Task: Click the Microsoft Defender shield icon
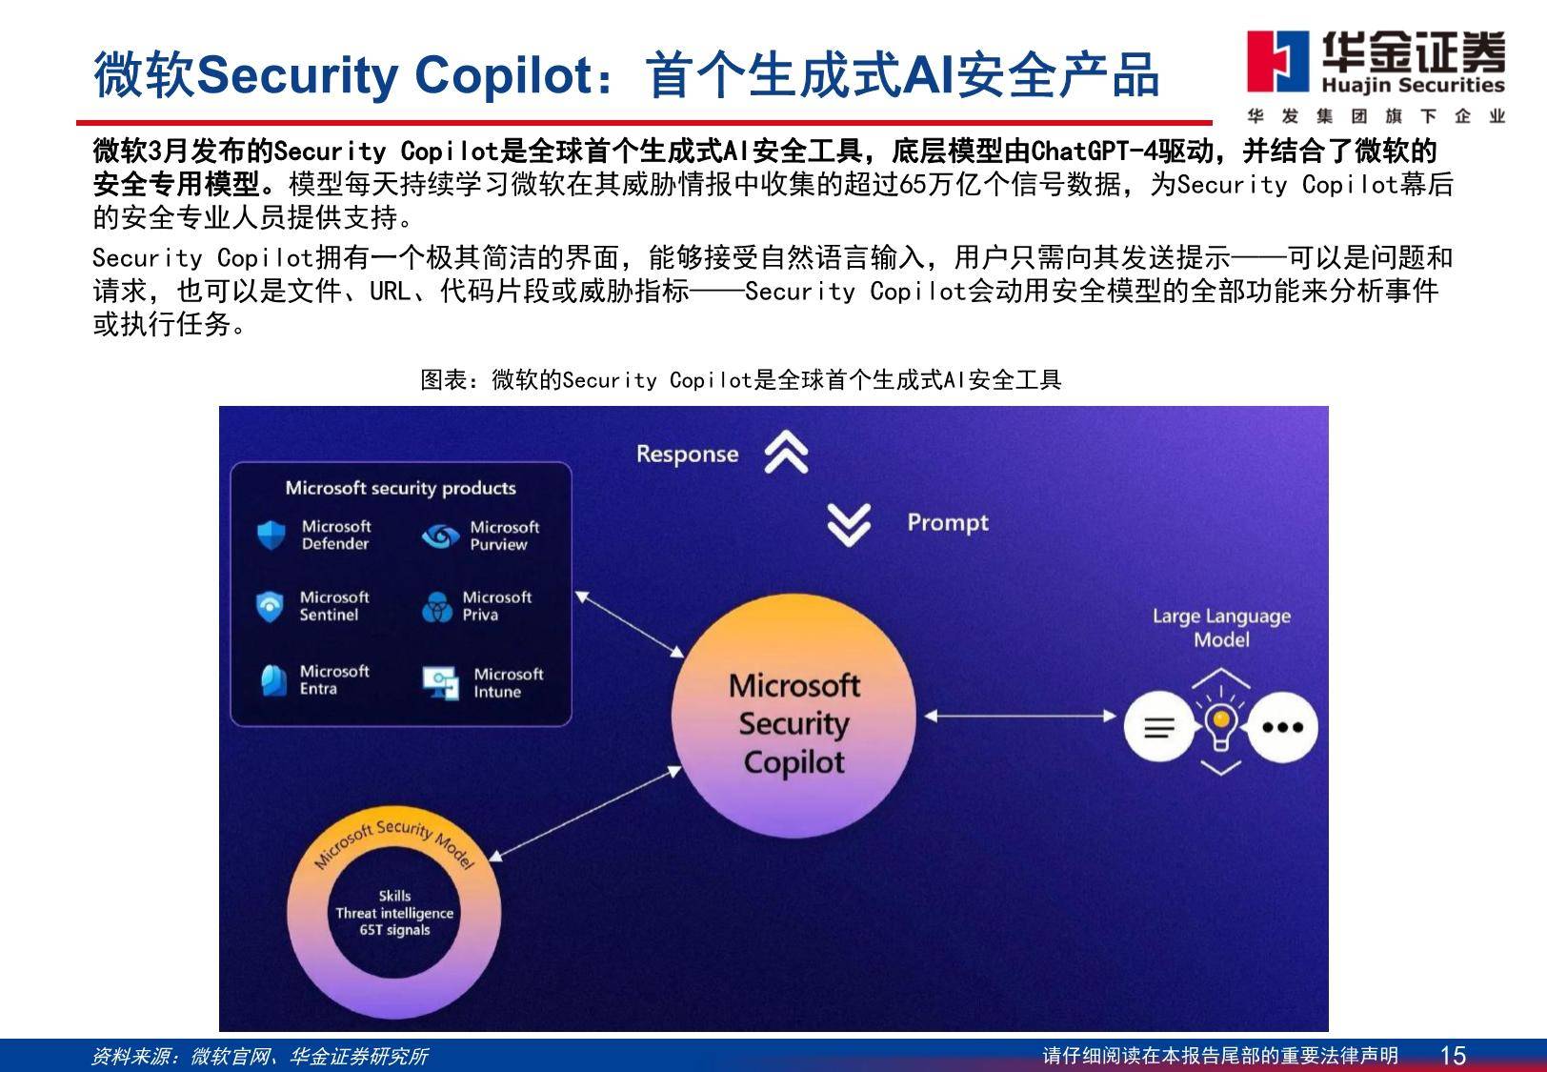click(x=271, y=535)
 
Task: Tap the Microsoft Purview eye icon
click(x=441, y=536)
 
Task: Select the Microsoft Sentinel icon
click(x=270, y=606)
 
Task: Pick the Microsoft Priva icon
click(x=437, y=606)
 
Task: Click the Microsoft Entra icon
click(x=273, y=680)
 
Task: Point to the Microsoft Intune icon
click(x=441, y=683)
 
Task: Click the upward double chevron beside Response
click(x=786, y=452)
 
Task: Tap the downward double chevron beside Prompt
click(x=849, y=525)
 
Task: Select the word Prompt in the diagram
click(x=948, y=523)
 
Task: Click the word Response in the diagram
click(x=687, y=454)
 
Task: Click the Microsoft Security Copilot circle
click(x=794, y=717)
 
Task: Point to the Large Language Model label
click(x=1221, y=627)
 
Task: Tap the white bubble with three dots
click(x=1282, y=727)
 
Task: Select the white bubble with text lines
click(x=1159, y=727)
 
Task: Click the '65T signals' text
click(x=394, y=930)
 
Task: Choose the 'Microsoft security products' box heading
click(x=400, y=488)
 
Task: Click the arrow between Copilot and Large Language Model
click(x=1020, y=717)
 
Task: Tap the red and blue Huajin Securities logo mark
click(x=1277, y=62)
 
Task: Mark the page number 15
click(x=1453, y=1056)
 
